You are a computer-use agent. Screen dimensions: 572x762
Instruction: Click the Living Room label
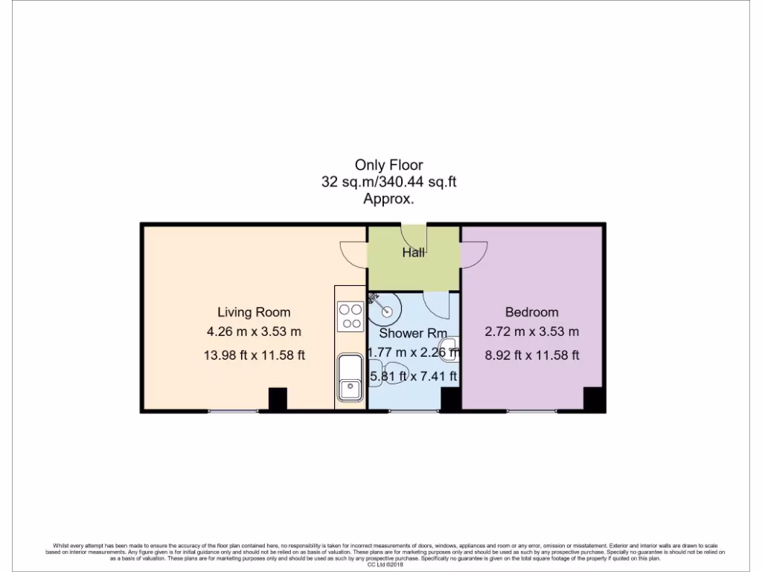(x=254, y=312)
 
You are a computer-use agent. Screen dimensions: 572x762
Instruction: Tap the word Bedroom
(x=531, y=312)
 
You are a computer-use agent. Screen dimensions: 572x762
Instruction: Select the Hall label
(x=413, y=252)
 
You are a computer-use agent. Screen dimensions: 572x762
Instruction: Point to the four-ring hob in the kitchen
(x=350, y=317)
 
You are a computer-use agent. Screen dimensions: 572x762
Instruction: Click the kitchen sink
(x=349, y=378)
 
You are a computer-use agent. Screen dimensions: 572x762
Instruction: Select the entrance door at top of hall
(x=413, y=232)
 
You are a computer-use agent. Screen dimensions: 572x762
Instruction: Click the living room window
(x=233, y=410)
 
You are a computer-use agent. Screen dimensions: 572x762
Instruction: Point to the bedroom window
(x=531, y=410)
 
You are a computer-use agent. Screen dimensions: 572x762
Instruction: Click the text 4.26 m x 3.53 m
(x=254, y=331)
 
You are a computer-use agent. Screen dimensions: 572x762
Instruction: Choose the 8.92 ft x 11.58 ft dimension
(x=531, y=355)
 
